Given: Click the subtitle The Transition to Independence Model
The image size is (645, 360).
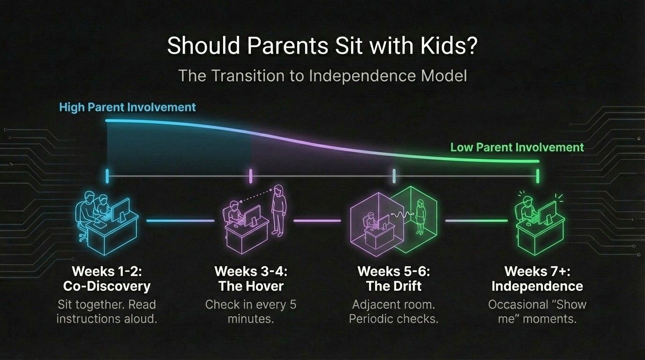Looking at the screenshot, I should point(322,76).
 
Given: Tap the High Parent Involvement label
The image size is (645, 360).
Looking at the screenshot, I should point(127,107).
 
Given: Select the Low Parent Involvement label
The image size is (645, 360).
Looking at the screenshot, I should point(517,147).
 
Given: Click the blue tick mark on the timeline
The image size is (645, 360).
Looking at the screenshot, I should point(107,176).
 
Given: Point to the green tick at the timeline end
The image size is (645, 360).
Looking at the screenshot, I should point(537,176).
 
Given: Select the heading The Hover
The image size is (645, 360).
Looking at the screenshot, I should point(251,286).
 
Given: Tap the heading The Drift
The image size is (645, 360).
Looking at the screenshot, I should point(394,286).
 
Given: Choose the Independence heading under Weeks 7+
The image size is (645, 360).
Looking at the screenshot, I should point(537,286).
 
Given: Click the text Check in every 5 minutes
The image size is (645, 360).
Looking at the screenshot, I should point(251,312).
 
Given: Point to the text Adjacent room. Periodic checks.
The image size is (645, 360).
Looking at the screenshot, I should point(394,312).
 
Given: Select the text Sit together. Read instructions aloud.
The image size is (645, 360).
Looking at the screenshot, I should point(106,312).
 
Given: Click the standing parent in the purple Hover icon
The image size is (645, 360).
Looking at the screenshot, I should point(278,211).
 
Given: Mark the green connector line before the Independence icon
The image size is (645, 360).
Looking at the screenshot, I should point(476,220).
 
